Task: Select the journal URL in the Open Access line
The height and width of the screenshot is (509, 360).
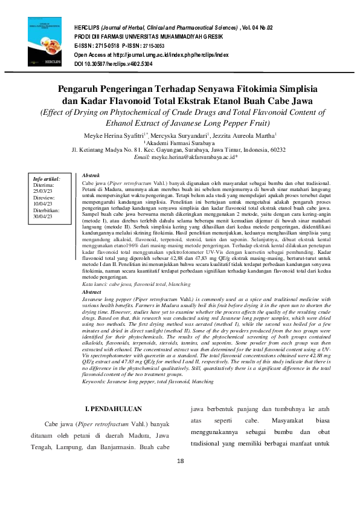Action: click(172, 54)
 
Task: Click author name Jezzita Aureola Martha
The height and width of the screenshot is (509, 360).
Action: click(248, 134)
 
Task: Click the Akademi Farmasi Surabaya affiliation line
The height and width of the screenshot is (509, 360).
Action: click(183, 142)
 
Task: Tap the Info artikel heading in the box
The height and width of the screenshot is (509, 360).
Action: click(47, 180)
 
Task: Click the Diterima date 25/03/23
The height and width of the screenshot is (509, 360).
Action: click(44, 191)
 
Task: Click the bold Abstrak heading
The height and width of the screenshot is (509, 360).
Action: click(91, 173)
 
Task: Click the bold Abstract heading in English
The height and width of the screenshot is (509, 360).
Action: click(91, 292)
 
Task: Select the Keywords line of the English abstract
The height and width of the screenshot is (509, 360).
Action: click(147, 365)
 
